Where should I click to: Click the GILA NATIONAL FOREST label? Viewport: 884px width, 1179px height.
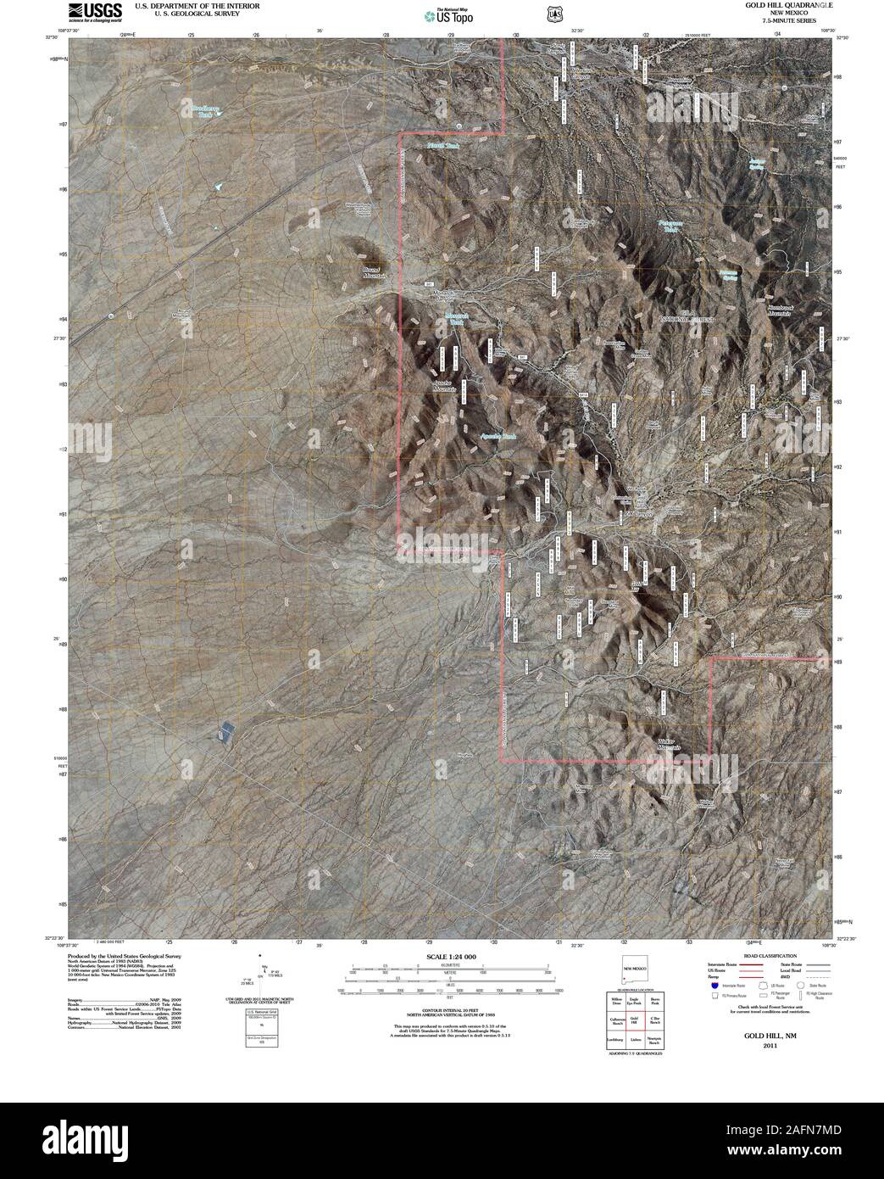point(687,317)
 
